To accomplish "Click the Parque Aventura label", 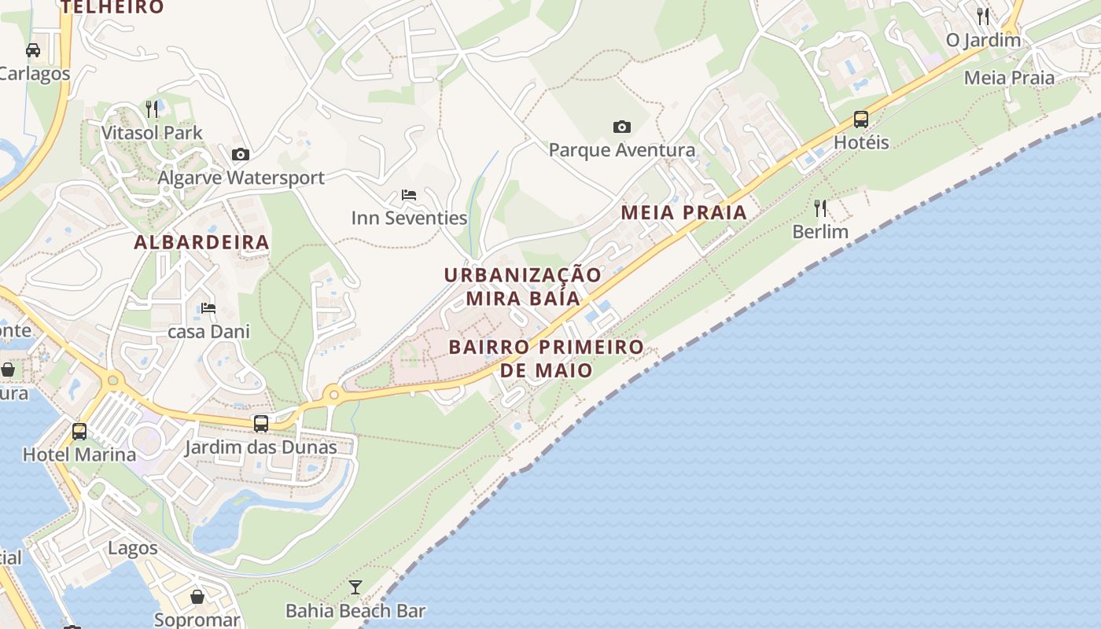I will click(x=621, y=149).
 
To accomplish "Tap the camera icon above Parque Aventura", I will click(x=621, y=127).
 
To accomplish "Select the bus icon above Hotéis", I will click(x=861, y=120).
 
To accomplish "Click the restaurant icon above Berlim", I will click(x=820, y=208).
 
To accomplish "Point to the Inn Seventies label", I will click(x=409, y=218).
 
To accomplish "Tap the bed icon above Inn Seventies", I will click(x=409, y=195).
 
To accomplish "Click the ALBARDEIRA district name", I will click(x=202, y=242).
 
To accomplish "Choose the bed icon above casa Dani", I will click(x=208, y=308).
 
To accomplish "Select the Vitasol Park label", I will click(x=152, y=133).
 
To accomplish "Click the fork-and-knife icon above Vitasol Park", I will click(x=153, y=109).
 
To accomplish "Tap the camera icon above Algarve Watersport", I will click(x=241, y=154).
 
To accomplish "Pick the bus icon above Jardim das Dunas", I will click(x=261, y=424).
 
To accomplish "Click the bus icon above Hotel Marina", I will click(x=79, y=431).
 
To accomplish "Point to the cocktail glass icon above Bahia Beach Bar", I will click(x=355, y=587).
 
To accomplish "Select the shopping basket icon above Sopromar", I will click(x=197, y=597).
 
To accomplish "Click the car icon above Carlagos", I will click(x=33, y=50).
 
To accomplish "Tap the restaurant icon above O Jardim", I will click(x=983, y=16).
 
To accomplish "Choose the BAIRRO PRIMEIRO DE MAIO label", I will click(x=546, y=358).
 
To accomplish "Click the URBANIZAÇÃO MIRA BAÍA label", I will click(x=523, y=286).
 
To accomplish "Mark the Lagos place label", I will click(x=133, y=548).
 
